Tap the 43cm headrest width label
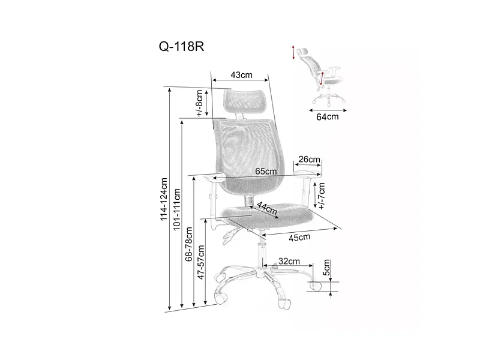click(x=241, y=75)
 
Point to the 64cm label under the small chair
click(x=328, y=116)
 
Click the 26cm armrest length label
click(x=309, y=160)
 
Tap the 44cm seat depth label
click(x=266, y=210)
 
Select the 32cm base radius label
click(x=289, y=262)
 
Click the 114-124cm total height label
click(x=163, y=199)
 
